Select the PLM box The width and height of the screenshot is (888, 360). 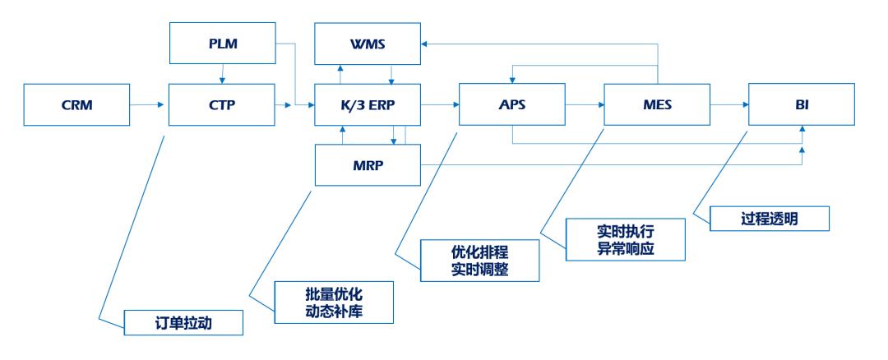coord(221,44)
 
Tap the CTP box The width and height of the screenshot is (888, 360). coord(221,104)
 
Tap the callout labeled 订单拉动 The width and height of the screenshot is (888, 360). coord(184,321)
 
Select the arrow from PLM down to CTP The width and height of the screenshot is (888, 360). coord(221,73)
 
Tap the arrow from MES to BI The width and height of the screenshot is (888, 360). coord(729,104)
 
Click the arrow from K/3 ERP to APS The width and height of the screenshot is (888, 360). coord(441,104)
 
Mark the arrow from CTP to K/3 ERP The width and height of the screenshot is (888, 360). coord(295,104)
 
